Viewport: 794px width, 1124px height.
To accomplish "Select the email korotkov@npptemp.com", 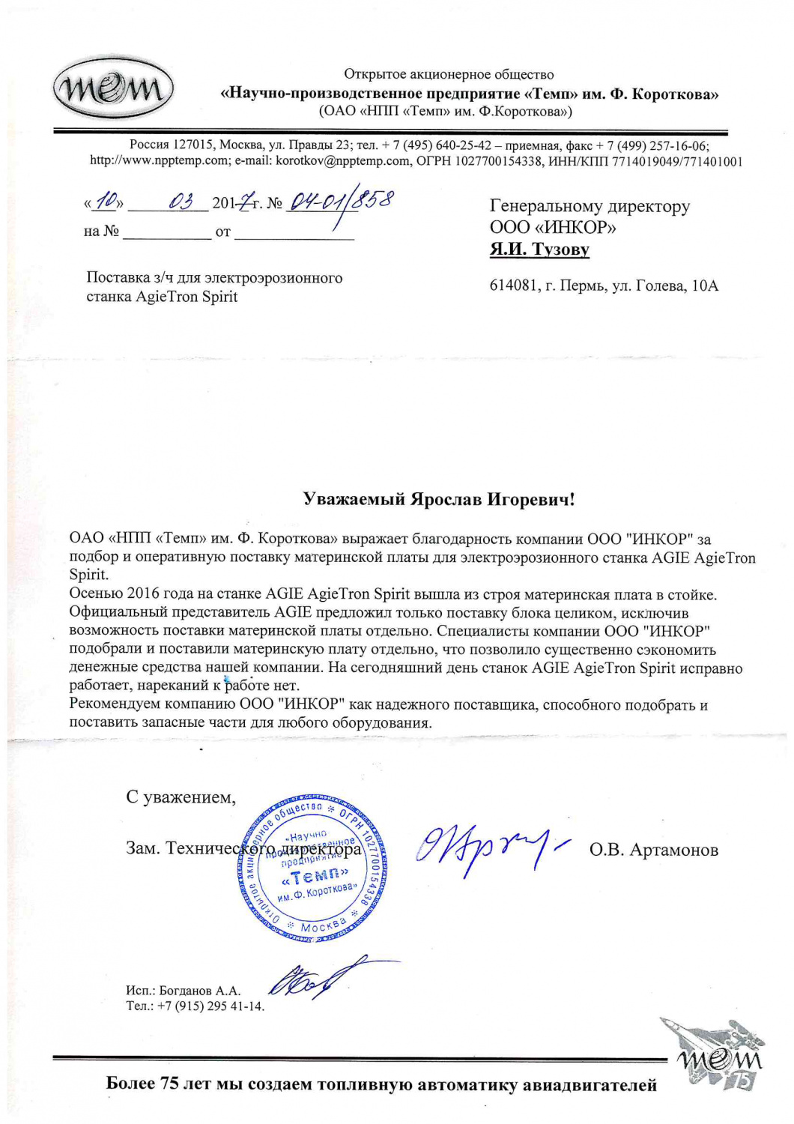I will tap(343, 160).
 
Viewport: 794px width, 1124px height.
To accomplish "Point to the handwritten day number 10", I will tap(109, 201).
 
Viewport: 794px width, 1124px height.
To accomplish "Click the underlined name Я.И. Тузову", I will tap(539, 250).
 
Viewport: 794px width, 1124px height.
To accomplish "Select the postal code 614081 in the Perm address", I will tap(511, 285).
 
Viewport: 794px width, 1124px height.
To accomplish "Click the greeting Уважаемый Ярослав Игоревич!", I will tap(439, 499).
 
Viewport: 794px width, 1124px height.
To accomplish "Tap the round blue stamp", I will tap(313, 868).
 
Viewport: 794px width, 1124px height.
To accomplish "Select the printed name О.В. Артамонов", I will tap(654, 850).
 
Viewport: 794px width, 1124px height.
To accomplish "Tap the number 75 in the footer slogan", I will tap(169, 1084).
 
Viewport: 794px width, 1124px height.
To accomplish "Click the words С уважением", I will tap(181, 797).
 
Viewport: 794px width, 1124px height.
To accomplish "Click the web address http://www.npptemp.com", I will tap(160, 160).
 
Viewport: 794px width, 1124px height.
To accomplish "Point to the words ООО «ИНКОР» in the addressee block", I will tap(553, 228).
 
